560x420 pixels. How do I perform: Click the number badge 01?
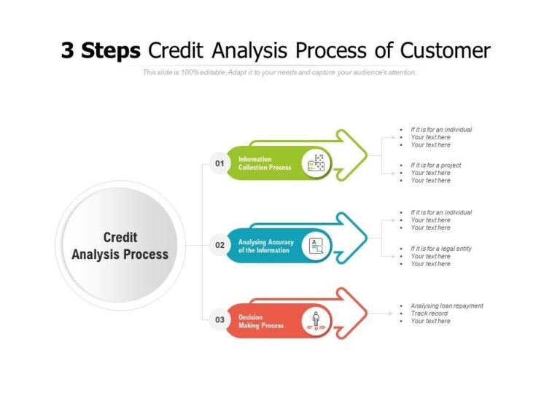tap(219, 163)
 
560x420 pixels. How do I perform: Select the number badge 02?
tap(219, 246)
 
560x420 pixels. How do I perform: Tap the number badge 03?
tap(219, 319)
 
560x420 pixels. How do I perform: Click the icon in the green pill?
tap(316, 163)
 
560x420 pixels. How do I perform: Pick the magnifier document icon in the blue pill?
tap(316, 246)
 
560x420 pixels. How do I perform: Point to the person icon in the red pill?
tap(316, 320)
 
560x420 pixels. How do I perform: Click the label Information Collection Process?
tap(265, 163)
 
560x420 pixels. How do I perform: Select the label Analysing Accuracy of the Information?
tap(264, 246)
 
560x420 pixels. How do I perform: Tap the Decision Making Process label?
tap(261, 321)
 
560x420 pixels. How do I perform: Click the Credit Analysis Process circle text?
tap(120, 246)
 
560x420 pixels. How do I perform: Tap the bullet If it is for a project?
tap(435, 166)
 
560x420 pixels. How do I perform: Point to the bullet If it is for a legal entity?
tap(440, 249)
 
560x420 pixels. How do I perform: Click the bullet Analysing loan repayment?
tap(446, 306)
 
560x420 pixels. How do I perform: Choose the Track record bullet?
tap(429, 314)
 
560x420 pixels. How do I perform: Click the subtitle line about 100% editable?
tap(279, 72)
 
